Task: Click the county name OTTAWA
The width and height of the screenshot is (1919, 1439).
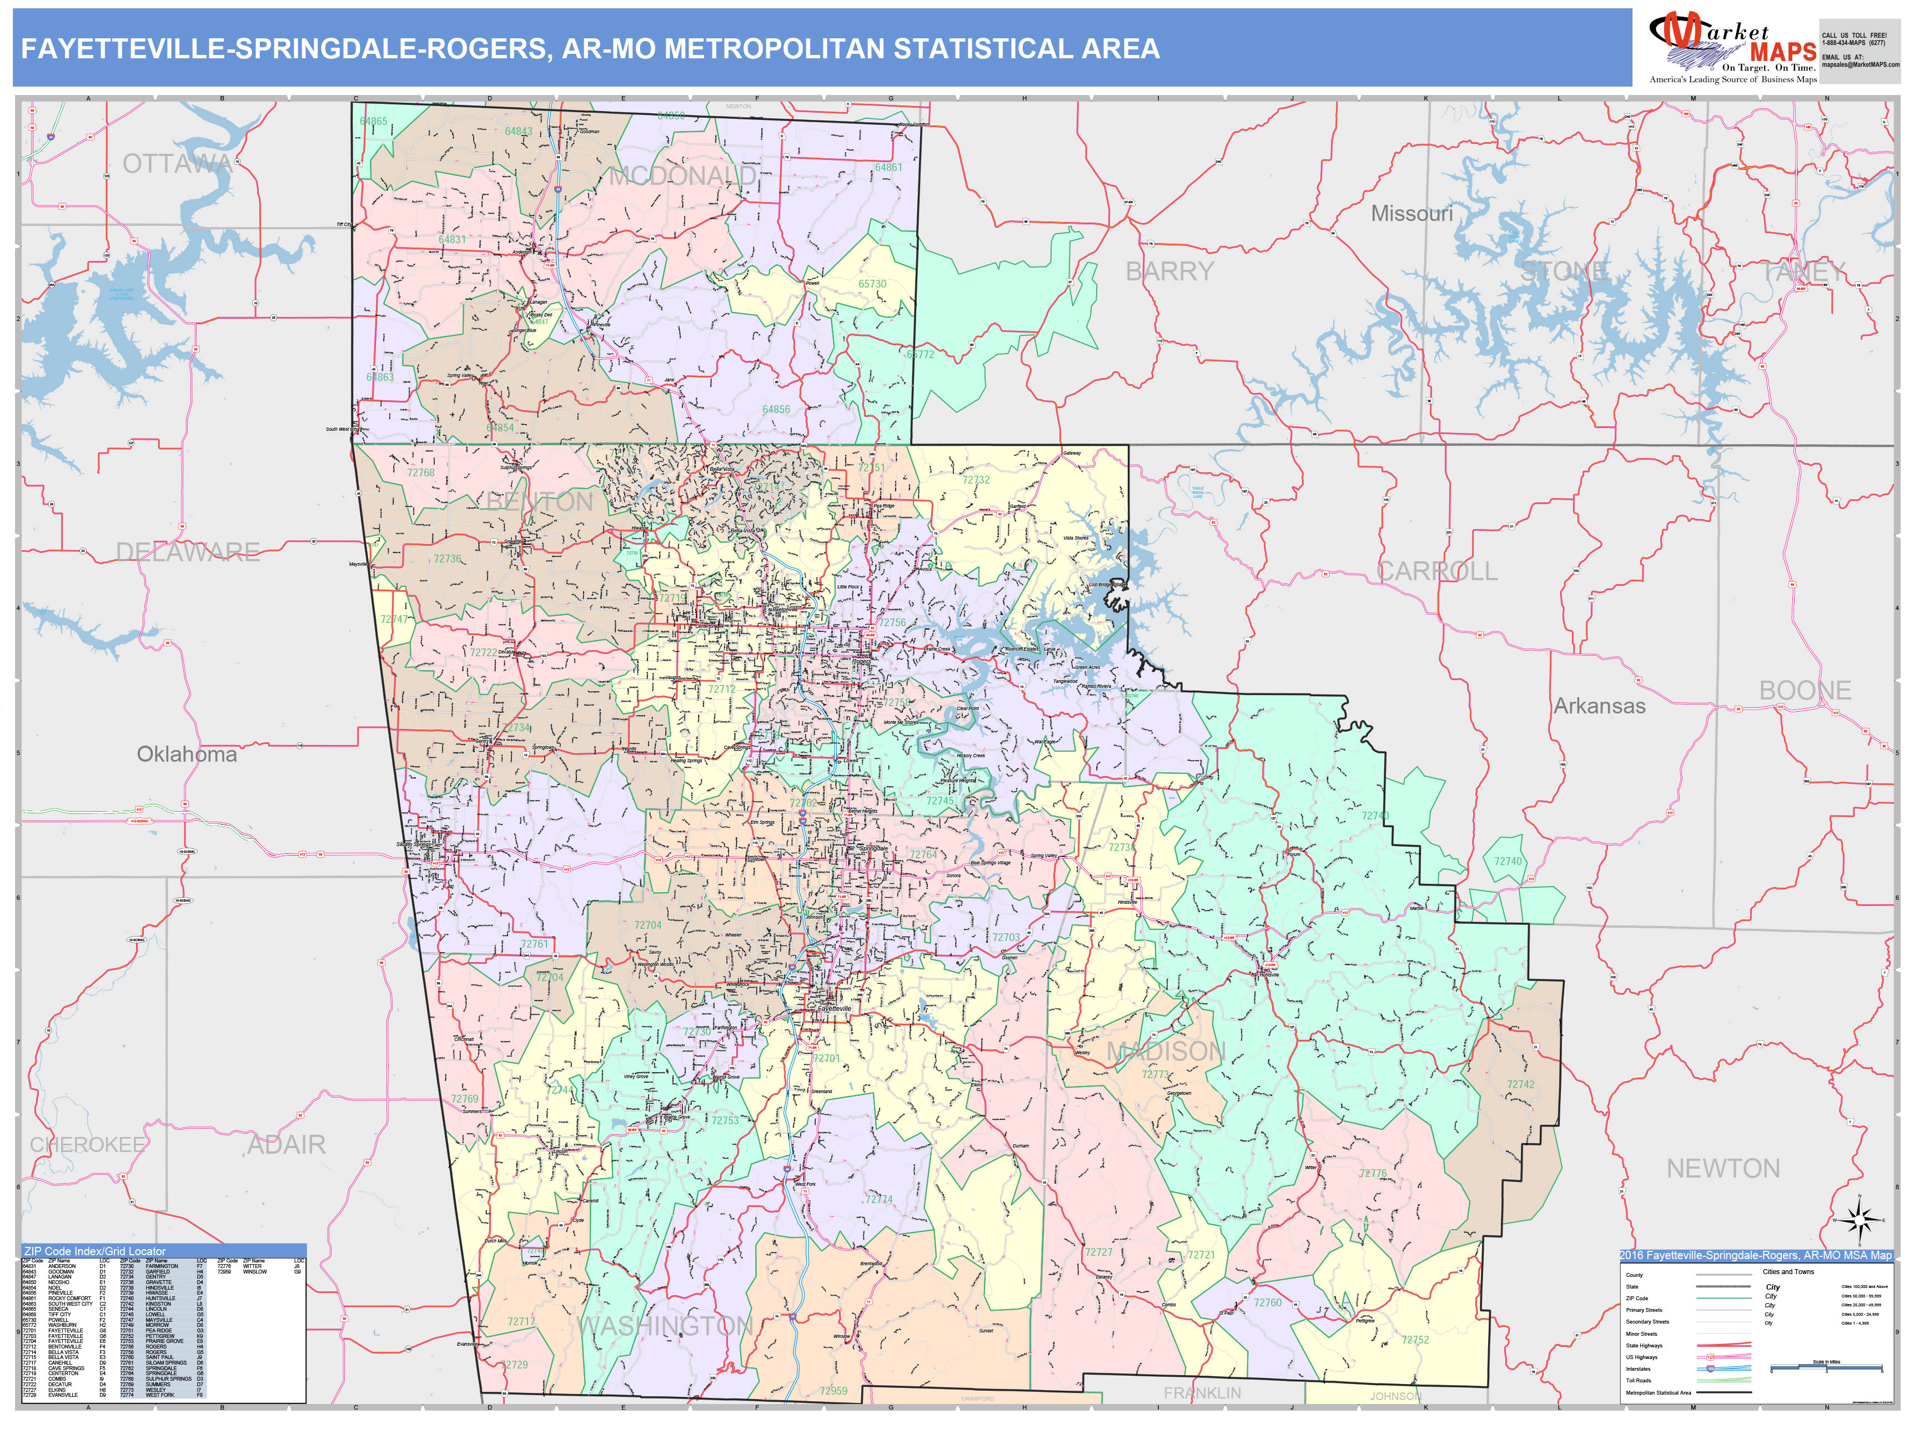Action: [177, 164]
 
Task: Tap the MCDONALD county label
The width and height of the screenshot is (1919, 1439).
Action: [682, 177]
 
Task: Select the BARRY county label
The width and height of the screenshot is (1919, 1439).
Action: [1169, 271]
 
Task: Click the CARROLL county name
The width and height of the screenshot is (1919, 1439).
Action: [1436, 572]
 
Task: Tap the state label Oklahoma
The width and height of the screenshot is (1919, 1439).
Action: [187, 754]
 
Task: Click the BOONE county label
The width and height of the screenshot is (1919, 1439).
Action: [1805, 691]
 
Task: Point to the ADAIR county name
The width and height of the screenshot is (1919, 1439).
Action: [287, 1145]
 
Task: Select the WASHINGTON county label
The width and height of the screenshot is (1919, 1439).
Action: [665, 1326]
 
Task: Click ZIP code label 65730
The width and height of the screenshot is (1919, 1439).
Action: [872, 284]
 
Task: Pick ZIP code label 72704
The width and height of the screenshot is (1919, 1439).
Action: [647, 925]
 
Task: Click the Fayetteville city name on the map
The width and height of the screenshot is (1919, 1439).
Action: [835, 1009]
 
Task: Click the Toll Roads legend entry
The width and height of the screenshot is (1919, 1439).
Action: [1639, 1380]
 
